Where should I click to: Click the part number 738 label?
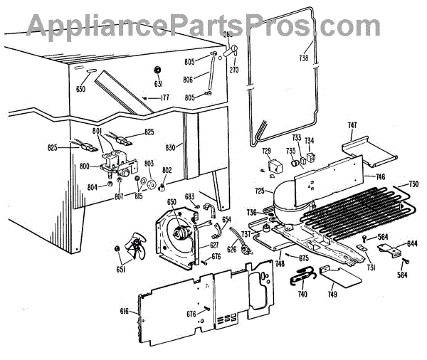click(304, 58)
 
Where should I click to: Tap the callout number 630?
click(80, 90)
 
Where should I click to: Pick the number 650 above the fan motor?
click(172, 201)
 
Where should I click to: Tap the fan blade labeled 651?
click(130, 249)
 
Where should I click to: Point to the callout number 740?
click(302, 292)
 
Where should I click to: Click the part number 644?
click(412, 244)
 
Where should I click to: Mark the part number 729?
click(266, 151)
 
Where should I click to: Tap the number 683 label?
click(190, 196)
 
